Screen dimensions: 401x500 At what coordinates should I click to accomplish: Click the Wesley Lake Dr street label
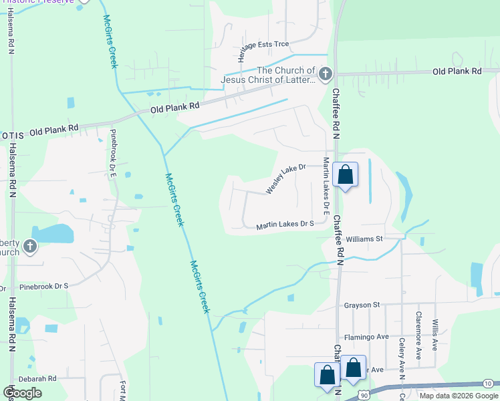point(285,179)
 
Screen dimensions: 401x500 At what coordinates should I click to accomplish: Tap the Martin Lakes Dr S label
point(285,225)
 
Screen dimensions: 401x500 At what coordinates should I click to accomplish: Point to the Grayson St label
point(362,305)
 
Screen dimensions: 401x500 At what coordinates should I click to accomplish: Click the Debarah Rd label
point(37,378)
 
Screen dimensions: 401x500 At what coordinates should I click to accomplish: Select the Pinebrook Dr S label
point(44,286)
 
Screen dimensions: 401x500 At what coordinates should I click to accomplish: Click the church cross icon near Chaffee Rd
point(325,74)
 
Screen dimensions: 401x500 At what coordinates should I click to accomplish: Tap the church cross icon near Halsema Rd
point(29,247)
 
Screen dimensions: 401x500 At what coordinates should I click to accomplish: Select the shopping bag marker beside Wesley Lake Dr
point(345,175)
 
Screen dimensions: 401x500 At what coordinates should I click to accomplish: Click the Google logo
point(22,393)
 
